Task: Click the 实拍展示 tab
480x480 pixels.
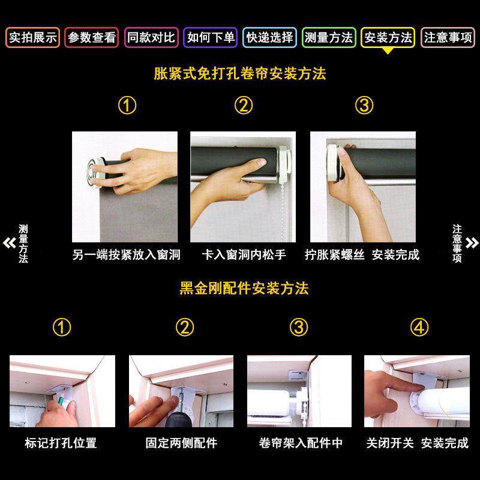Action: pyautogui.click(x=32, y=38)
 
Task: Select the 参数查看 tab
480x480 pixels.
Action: pyautogui.click(x=92, y=38)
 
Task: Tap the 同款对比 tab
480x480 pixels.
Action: pyautogui.click(x=151, y=38)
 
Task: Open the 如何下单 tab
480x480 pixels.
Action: pyautogui.click(x=211, y=38)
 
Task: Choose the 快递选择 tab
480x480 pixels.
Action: pyautogui.click(x=270, y=38)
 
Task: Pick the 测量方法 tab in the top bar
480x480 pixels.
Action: pyautogui.click(x=329, y=38)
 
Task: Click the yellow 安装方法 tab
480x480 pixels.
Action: pyautogui.click(x=388, y=38)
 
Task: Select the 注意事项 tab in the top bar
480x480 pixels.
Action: pyautogui.click(x=448, y=38)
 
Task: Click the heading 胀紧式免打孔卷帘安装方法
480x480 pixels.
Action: pyautogui.click(x=240, y=74)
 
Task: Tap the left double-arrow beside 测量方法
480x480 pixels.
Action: pyautogui.click(x=9, y=243)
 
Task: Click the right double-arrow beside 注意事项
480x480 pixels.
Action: pyautogui.click(x=472, y=243)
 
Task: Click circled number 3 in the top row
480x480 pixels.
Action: pyautogui.click(x=364, y=106)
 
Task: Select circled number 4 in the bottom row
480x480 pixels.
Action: pyautogui.click(x=419, y=328)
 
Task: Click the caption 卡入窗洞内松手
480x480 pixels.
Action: pyautogui.click(x=244, y=255)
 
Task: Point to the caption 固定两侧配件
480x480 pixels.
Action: pyautogui.click(x=181, y=443)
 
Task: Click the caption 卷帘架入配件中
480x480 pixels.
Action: pyautogui.click(x=301, y=443)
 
